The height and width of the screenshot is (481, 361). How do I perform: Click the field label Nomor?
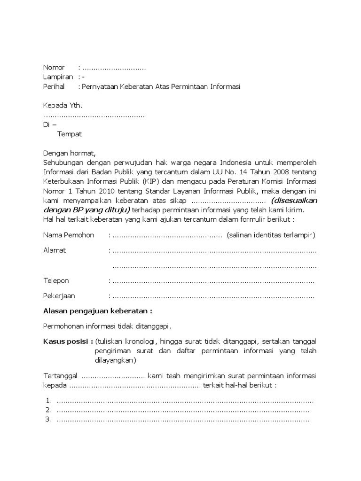tap(54, 68)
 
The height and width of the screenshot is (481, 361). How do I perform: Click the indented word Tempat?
tap(70, 134)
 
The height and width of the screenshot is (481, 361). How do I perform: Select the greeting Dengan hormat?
tap(69, 153)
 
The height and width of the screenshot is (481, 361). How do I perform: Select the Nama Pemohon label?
tap(69, 235)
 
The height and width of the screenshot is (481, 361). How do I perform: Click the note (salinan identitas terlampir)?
tap(271, 235)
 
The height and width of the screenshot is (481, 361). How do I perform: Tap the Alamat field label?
tap(55, 250)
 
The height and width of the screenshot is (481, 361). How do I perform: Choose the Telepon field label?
tap(56, 280)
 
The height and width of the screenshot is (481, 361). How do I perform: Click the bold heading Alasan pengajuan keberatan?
tap(97, 311)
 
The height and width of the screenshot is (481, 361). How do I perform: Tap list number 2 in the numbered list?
tap(48, 410)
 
